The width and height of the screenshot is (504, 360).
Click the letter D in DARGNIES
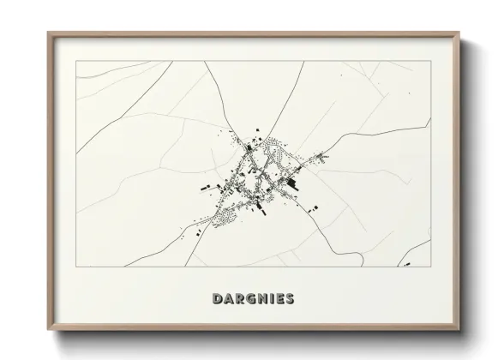[215, 299]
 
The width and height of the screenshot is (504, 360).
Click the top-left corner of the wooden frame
[47, 32]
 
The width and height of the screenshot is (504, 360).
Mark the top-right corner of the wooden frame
[460, 32]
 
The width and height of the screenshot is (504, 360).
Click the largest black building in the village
[292, 182]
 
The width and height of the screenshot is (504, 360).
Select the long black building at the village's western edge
[207, 185]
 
